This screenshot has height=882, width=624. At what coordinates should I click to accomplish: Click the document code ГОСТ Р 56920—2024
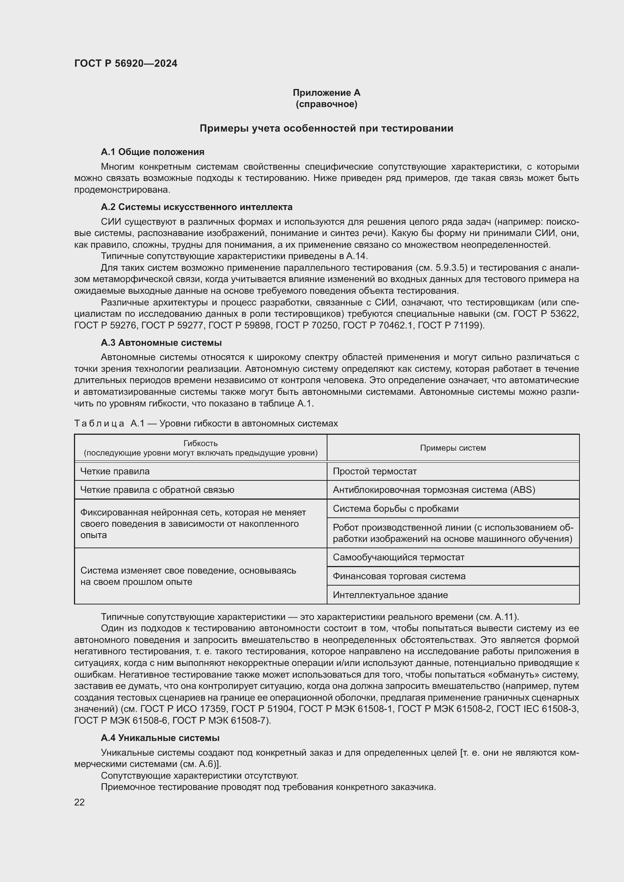coord(126,63)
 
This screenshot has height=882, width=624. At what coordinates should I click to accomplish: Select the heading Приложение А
coord(326,93)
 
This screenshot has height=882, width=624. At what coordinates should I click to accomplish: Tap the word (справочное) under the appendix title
coord(326,104)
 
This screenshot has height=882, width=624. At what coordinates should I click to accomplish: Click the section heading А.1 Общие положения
coord(152,152)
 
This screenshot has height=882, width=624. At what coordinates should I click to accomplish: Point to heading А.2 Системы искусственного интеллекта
coord(196,207)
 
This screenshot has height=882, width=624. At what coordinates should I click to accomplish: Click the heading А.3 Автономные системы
coord(161,343)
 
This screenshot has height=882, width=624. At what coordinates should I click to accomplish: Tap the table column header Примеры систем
coord(453,448)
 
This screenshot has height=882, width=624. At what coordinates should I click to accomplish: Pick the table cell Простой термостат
coord(375,471)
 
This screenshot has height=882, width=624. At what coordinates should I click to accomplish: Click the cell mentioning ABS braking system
coord(434,490)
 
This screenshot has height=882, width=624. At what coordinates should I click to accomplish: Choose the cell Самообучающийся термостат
coord(398,557)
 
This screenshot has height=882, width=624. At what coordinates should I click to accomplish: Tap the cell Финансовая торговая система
coord(399,576)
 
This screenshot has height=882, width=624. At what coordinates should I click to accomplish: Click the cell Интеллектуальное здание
coord(390,595)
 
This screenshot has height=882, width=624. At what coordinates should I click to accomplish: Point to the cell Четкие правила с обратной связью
coord(157,490)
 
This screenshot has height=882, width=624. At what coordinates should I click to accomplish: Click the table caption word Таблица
coord(99,423)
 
